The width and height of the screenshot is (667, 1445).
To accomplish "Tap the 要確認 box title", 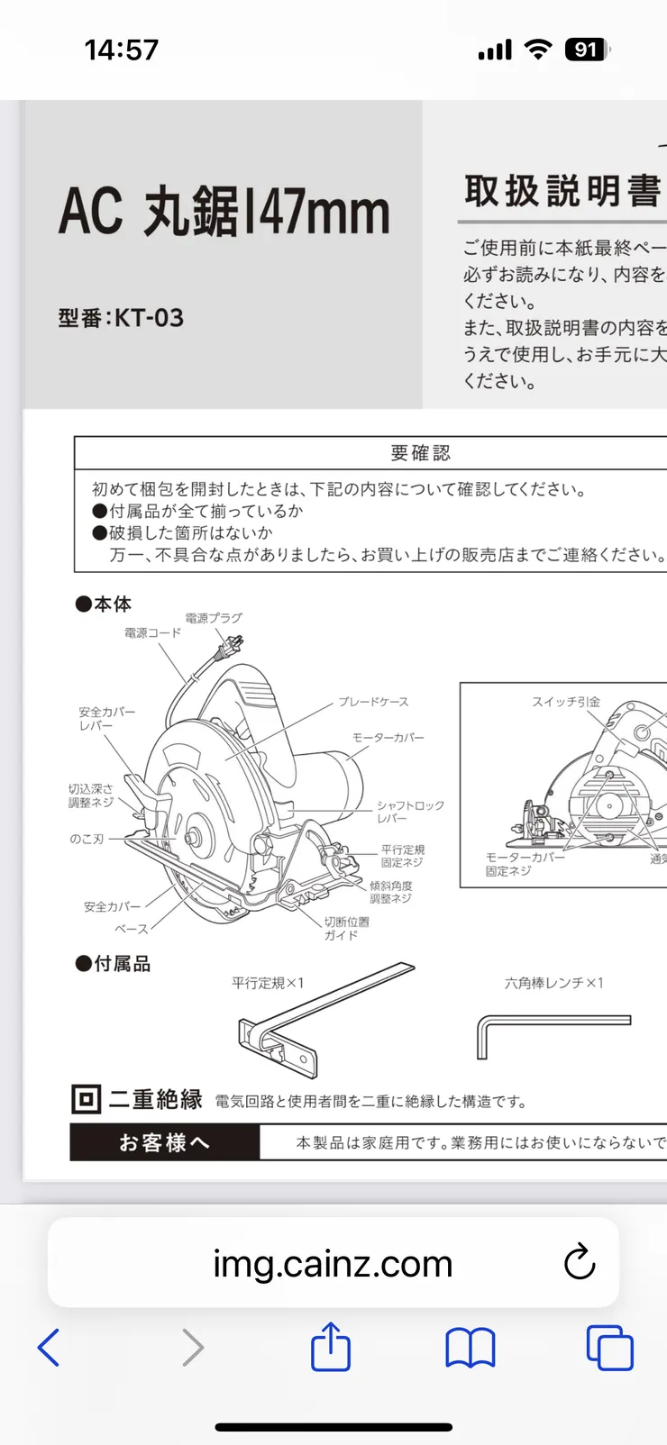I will coord(420,453).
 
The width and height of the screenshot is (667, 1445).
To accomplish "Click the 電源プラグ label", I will coord(214,618).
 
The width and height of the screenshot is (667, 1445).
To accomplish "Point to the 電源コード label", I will coord(152,633).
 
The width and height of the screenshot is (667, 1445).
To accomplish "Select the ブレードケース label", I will coord(373,702).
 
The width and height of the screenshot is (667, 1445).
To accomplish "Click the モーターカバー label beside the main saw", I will coord(388,738).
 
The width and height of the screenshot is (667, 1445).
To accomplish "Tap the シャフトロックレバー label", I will coord(410,812).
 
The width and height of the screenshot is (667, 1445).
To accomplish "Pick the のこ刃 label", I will coord(87,839).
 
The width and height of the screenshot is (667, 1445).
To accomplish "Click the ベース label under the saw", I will coord(131,929).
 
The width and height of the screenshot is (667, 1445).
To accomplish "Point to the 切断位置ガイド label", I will coord(346,929).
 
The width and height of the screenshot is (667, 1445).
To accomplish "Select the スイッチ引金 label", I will coord(565,702).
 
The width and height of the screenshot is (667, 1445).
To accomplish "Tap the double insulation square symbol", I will coord(86,1100).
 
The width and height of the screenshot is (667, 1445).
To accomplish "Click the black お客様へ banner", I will coord(164,1143).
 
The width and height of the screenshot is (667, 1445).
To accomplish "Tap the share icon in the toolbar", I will coord(331,1347).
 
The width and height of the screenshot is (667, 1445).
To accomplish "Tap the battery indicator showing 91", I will coord(586,50).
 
